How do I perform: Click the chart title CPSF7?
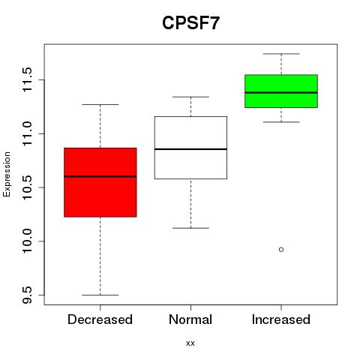click(x=190, y=22)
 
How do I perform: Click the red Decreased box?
click(x=100, y=182)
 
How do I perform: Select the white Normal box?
click(x=190, y=148)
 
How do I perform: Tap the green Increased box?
click(x=281, y=91)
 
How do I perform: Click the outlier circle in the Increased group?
click(x=281, y=250)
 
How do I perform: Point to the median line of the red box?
click(x=100, y=176)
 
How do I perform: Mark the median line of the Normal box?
click(x=190, y=149)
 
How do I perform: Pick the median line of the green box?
click(x=281, y=92)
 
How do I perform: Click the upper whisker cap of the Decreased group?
click(x=100, y=104)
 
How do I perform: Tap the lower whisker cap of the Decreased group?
click(x=100, y=295)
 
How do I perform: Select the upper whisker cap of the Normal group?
click(x=190, y=97)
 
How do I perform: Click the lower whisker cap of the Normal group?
click(x=190, y=228)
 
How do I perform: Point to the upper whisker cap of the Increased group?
click(x=281, y=54)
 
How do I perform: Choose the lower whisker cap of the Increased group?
click(x=281, y=122)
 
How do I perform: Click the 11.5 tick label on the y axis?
click(x=27, y=79)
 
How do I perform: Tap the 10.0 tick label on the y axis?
click(x=27, y=241)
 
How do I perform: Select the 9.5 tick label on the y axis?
click(x=27, y=295)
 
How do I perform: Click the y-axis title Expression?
click(x=7, y=174)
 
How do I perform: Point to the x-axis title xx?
click(x=190, y=343)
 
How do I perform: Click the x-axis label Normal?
click(x=190, y=319)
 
